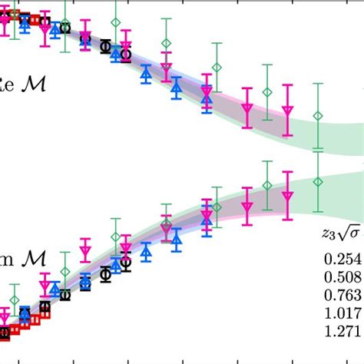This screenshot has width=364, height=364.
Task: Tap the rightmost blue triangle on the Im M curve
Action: click(206, 218)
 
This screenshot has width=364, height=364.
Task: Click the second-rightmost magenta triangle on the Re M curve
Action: click(247, 111)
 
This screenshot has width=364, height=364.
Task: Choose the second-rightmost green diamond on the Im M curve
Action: click(266, 185)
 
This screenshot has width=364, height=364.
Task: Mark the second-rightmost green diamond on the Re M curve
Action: click(266, 92)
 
